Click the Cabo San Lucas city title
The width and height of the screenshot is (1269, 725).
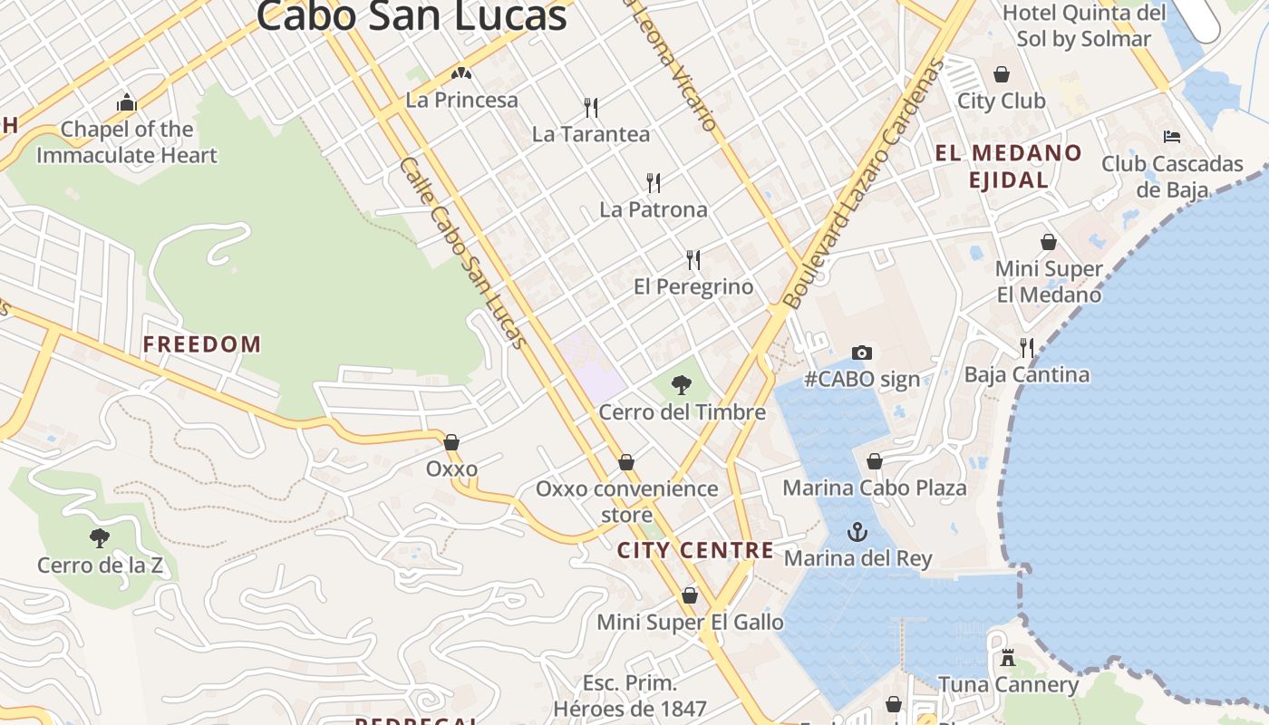pyautogui.click(x=412, y=16)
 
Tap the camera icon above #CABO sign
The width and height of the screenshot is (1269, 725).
pyautogui.click(x=861, y=353)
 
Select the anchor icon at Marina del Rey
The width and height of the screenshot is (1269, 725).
pyautogui.click(x=857, y=532)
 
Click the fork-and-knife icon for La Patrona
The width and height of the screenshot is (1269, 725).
pyautogui.click(x=654, y=183)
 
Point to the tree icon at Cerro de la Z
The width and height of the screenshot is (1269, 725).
pyautogui.click(x=100, y=538)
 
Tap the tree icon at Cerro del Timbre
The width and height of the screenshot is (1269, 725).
pyautogui.click(x=682, y=386)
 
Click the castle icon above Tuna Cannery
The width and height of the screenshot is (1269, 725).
pyautogui.click(x=1008, y=658)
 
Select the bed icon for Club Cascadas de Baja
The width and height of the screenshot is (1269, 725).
pyautogui.click(x=1172, y=137)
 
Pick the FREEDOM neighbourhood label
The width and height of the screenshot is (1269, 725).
pyautogui.click(x=202, y=344)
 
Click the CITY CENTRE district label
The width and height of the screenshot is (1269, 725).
pyautogui.click(x=696, y=550)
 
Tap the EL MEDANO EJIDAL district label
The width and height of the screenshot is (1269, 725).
pyautogui.click(x=1009, y=166)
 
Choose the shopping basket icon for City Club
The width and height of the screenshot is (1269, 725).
pyautogui.click(x=1002, y=74)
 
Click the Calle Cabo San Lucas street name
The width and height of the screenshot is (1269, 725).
pyautogui.click(x=462, y=252)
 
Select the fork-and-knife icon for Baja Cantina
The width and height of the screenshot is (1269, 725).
pyautogui.click(x=1027, y=347)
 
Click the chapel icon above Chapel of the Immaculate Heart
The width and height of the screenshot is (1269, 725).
pyautogui.click(x=127, y=102)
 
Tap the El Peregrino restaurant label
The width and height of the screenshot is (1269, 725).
pyautogui.click(x=693, y=287)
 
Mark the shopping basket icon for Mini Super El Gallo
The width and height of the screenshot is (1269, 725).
pyautogui.click(x=690, y=595)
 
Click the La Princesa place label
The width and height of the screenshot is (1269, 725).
pyautogui.click(x=462, y=101)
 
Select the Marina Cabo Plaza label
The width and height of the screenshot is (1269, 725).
pyautogui.click(x=875, y=488)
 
